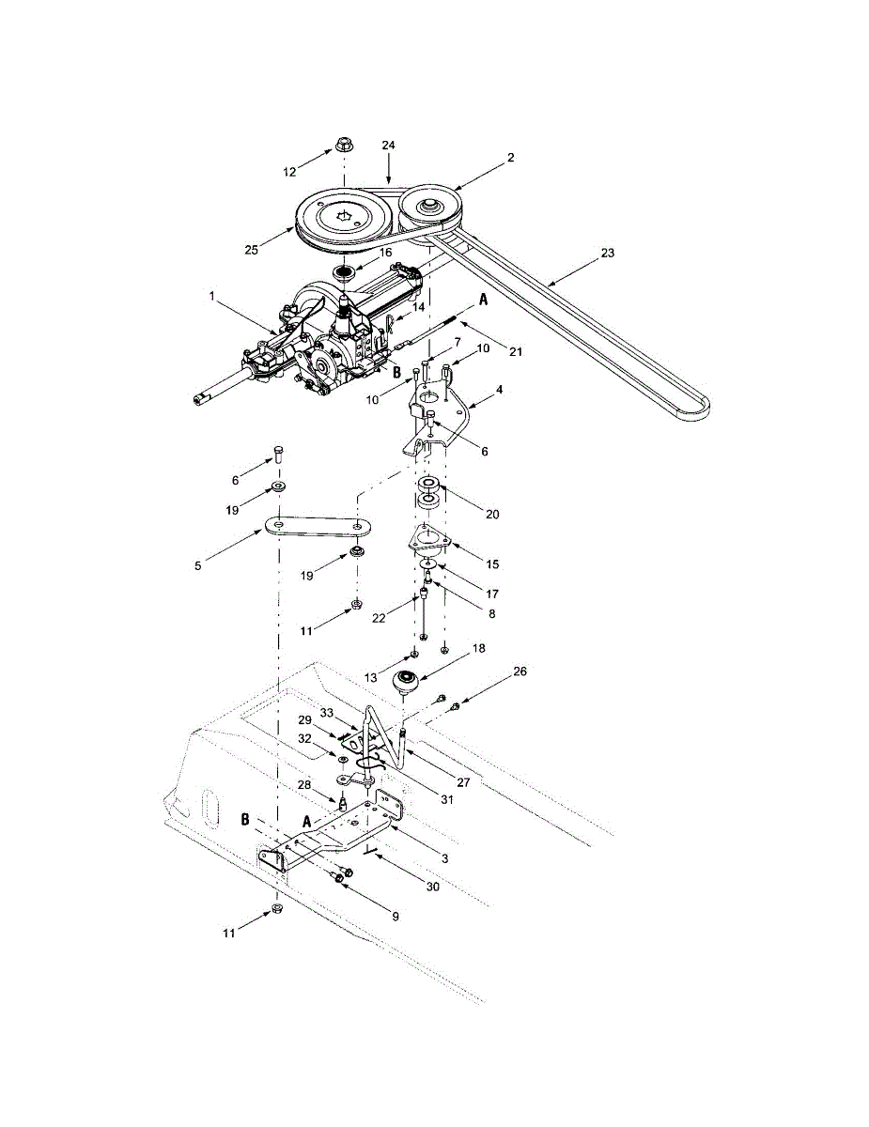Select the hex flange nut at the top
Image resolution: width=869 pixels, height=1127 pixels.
[x=343, y=146]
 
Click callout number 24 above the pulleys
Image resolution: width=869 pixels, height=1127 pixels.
[x=388, y=146]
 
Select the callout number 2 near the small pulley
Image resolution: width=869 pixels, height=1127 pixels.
[x=510, y=158]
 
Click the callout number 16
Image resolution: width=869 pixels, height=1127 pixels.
[x=385, y=254]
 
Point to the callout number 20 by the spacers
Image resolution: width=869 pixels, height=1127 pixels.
[x=493, y=514]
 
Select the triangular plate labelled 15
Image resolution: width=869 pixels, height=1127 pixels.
[x=428, y=540]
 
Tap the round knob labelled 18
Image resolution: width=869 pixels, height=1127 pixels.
[x=407, y=680]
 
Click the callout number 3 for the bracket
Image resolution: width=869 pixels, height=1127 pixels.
[x=444, y=858]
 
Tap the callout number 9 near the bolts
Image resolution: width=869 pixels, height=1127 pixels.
[x=395, y=916]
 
